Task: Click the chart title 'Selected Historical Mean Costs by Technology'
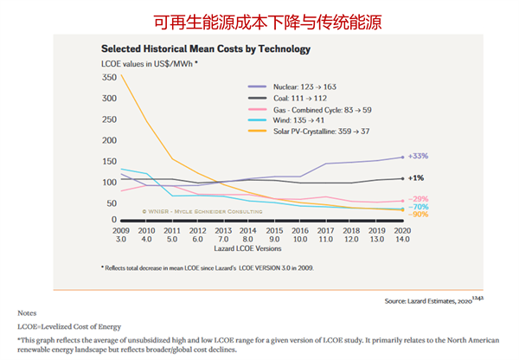pyautogui.click(x=205, y=49)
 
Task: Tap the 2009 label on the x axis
pyautogui.click(x=120, y=232)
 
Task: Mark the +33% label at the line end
pyautogui.click(x=418, y=157)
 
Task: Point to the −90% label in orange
pyautogui.click(x=418, y=214)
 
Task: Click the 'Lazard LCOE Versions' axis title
pyautogui.click(x=259, y=249)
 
